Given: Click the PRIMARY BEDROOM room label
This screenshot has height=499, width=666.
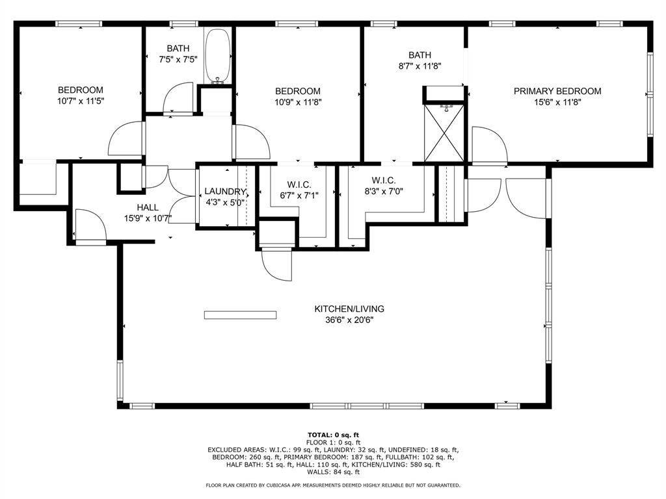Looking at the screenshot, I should pyautogui.click(x=557, y=91).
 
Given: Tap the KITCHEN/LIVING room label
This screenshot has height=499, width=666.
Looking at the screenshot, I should pyautogui.click(x=349, y=309).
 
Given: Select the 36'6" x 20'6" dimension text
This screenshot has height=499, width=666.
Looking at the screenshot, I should pyautogui.click(x=349, y=320).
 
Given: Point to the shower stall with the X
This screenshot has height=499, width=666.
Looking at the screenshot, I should pyautogui.click(x=444, y=133).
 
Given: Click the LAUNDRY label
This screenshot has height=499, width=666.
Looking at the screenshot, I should pyautogui.click(x=225, y=192).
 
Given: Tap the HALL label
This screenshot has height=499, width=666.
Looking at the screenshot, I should pyautogui.click(x=148, y=207).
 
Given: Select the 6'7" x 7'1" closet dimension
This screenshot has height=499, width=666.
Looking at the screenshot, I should pyautogui.click(x=298, y=195).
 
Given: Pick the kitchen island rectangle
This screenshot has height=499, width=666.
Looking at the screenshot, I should pyautogui.click(x=241, y=315).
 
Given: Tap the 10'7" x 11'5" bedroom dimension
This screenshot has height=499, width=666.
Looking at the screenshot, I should pyautogui.click(x=81, y=101).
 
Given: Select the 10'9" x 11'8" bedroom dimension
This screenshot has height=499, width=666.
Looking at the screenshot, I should pyautogui.click(x=298, y=102).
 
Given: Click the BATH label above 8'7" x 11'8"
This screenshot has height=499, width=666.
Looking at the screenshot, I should pyautogui.click(x=420, y=55).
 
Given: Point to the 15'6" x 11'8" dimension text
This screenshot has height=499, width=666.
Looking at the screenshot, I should pyautogui.click(x=557, y=102).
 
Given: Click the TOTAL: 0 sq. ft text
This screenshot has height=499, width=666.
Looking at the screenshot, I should pyautogui.click(x=333, y=435).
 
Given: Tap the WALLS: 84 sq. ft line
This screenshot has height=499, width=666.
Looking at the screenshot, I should pyautogui.click(x=333, y=472).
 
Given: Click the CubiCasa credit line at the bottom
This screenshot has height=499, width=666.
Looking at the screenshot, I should pyautogui.click(x=333, y=485).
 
